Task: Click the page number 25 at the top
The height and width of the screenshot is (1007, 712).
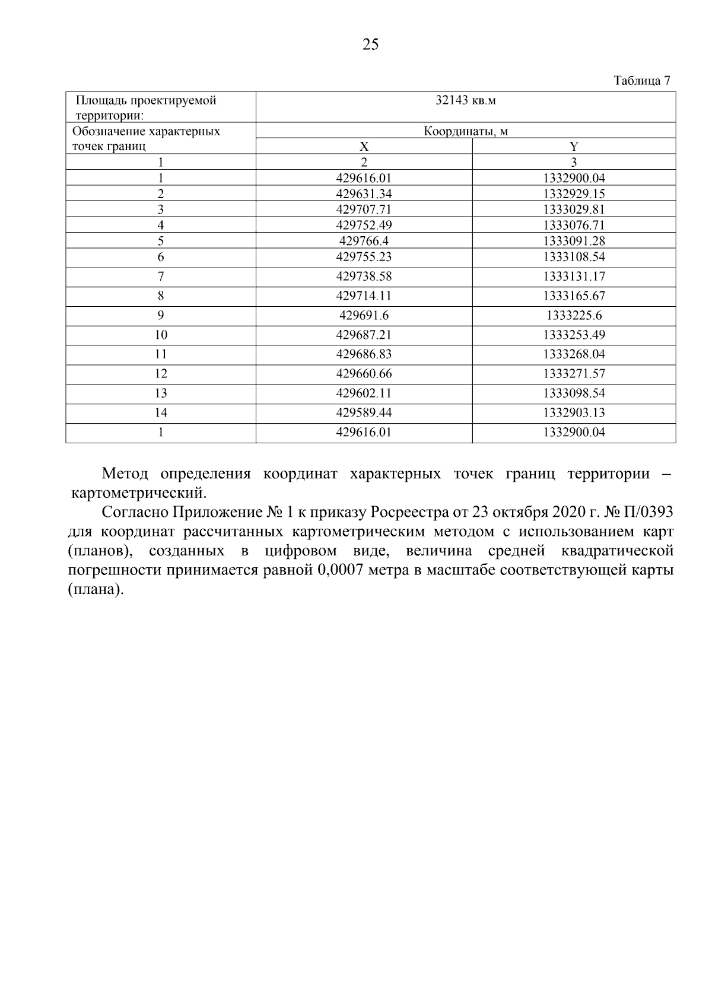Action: pyautogui.click(x=370, y=45)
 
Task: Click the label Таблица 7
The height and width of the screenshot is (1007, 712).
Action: pyautogui.click(x=641, y=81)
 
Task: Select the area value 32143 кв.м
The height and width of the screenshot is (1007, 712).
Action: pyautogui.click(x=465, y=100)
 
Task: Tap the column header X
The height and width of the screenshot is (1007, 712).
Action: pyautogui.click(x=364, y=147)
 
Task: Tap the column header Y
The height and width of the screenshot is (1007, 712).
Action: pyautogui.click(x=574, y=147)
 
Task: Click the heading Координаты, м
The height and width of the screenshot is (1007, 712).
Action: pyautogui.click(x=465, y=131)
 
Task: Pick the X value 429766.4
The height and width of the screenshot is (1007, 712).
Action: pyautogui.click(x=364, y=241)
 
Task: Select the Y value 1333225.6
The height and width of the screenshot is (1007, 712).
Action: pyautogui.click(x=574, y=316)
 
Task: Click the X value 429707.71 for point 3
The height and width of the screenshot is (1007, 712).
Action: pyautogui.click(x=364, y=209)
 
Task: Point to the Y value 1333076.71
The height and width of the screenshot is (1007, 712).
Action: pyautogui.click(x=574, y=225)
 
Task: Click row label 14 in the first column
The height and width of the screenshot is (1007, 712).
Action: pyautogui.click(x=161, y=413)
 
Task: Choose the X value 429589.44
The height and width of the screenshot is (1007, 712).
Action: pyautogui.click(x=364, y=413)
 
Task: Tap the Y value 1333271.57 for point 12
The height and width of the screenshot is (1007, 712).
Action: pyautogui.click(x=574, y=374)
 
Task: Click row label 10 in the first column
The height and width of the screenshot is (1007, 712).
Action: pyautogui.click(x=161, y=335)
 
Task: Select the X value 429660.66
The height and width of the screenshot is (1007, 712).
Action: pyautogui.click(x=364, y=374)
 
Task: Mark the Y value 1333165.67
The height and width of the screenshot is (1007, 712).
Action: pyautogui.click(x=574, y=296)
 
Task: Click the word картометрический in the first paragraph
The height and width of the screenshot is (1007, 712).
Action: pyautogui.click(x=138, y=493)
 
